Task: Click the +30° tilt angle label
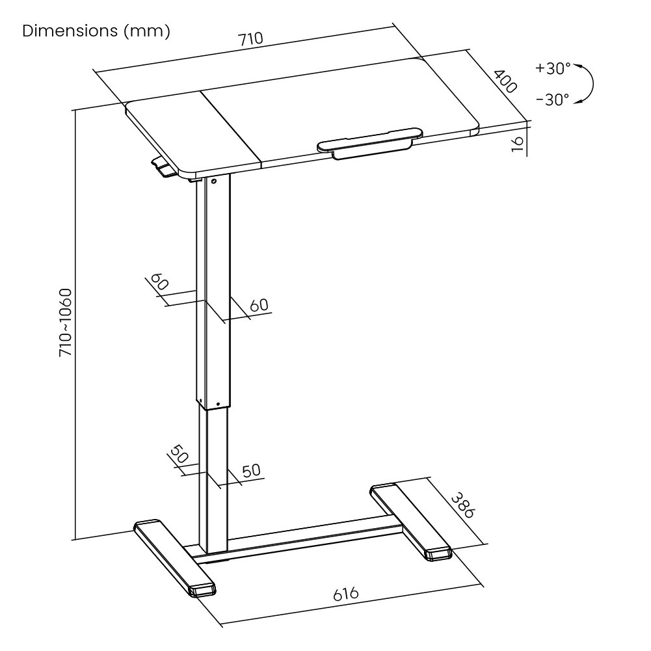553,68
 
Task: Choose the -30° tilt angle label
553,99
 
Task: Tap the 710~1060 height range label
66,321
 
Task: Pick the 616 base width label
347,594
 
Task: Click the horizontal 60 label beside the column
258,304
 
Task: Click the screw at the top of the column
213,182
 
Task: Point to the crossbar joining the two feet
312,535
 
